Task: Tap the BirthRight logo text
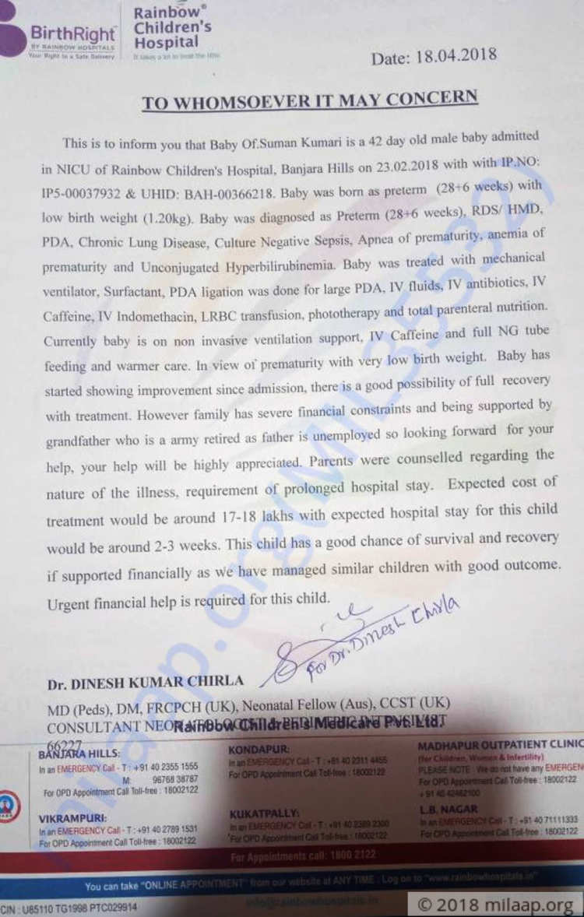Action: (x=73, y=34)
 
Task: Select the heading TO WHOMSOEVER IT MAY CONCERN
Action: (x=310, y=99)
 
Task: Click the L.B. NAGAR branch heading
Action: (x=448, y=809)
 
